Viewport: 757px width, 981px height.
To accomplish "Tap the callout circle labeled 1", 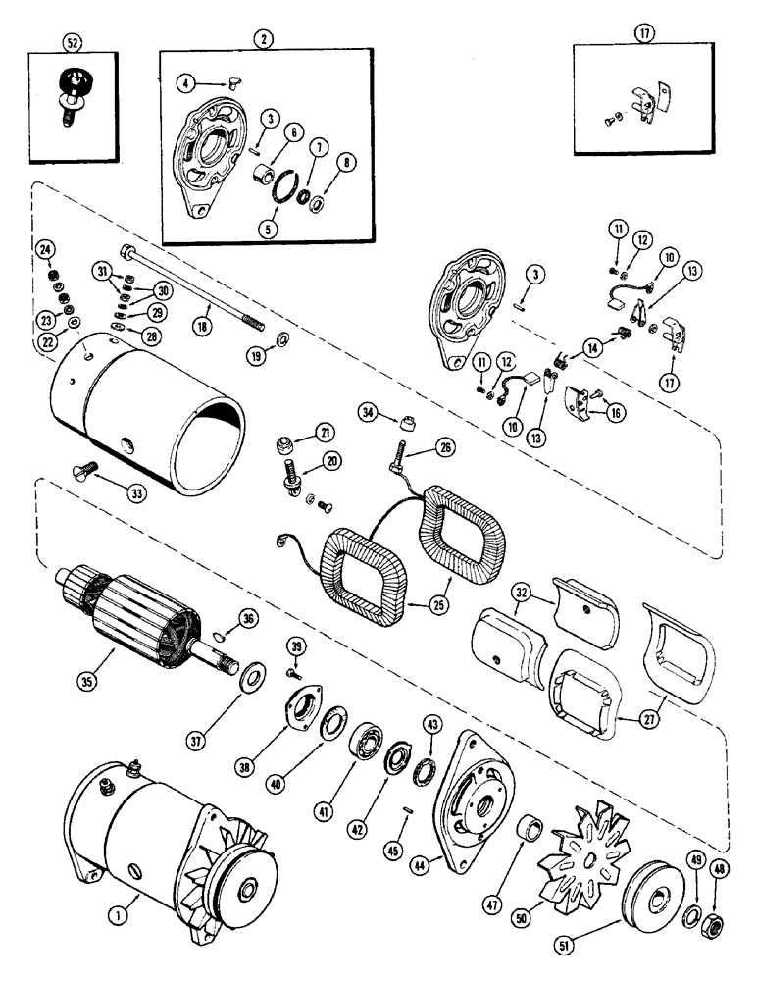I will (x=120, y=916).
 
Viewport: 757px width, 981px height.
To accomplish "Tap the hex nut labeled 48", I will (x=720, y=922).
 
